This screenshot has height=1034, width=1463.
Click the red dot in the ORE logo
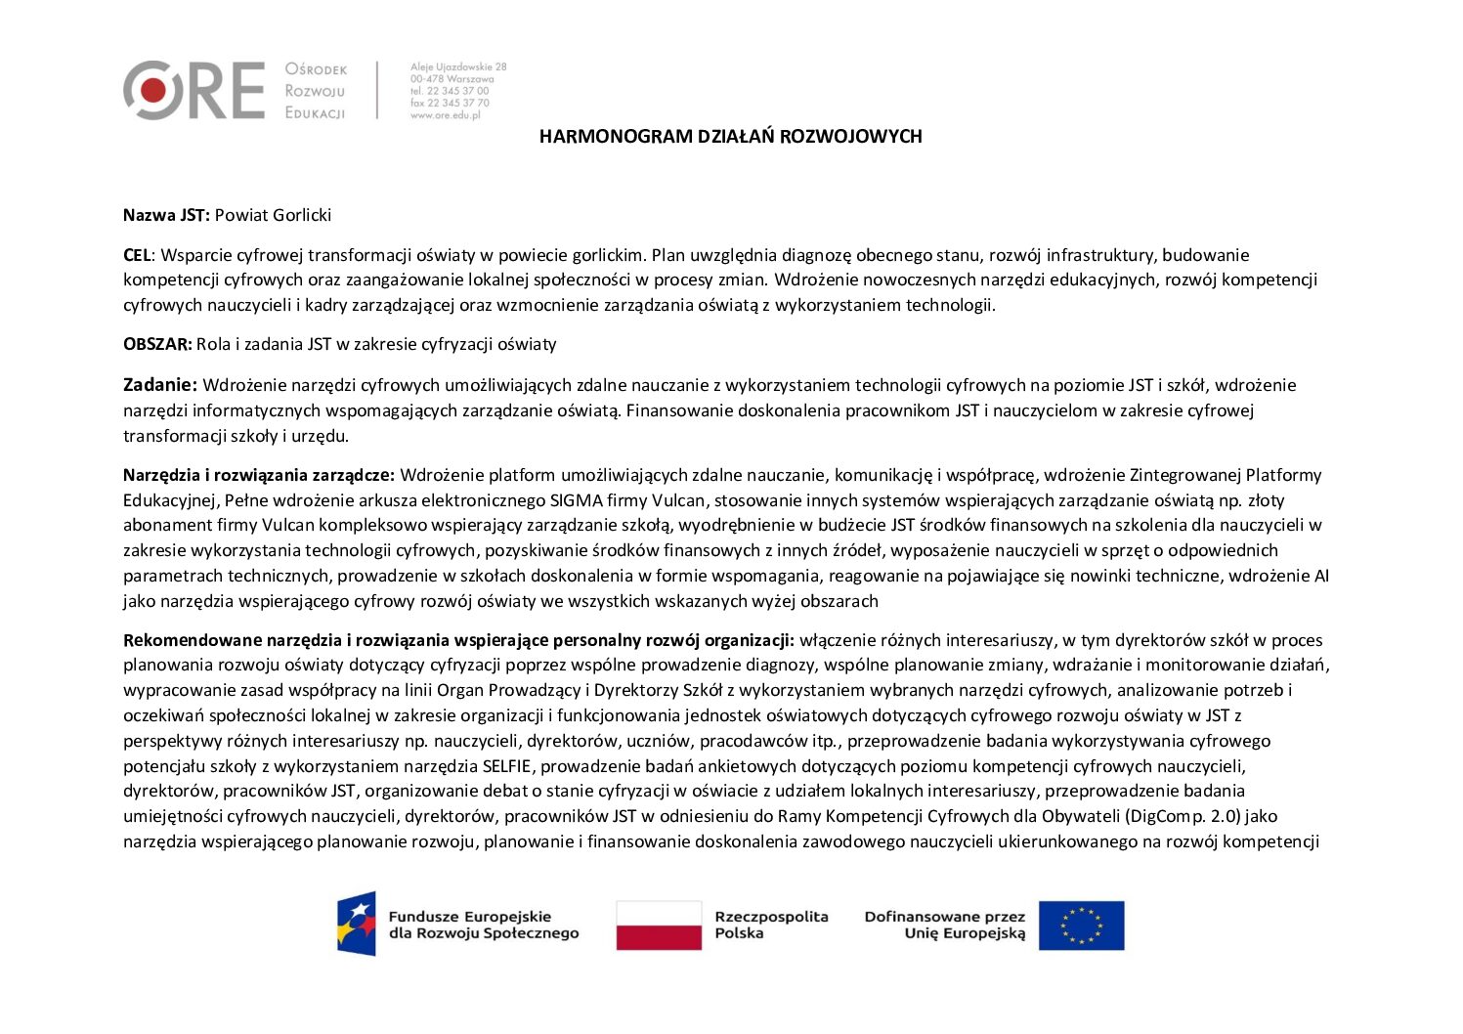pos(153,90)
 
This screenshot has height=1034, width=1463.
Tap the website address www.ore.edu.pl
pos(446,114)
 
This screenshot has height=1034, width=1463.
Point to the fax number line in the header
pos(451,103)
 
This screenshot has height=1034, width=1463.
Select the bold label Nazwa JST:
pos(166,215)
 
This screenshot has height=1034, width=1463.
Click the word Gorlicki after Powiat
pos(302,215)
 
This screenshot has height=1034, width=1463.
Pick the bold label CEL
pos(137,255)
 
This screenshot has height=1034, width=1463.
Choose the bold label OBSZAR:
pos(157,344)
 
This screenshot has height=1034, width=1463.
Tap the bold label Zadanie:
pos(160,385)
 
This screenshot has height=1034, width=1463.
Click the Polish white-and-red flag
pos(659,926)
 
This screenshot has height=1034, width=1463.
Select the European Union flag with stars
pos(1081,926)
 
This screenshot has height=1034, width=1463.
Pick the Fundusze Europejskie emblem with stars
pos(357,924)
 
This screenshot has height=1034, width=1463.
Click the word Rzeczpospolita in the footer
pos(771,917)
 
